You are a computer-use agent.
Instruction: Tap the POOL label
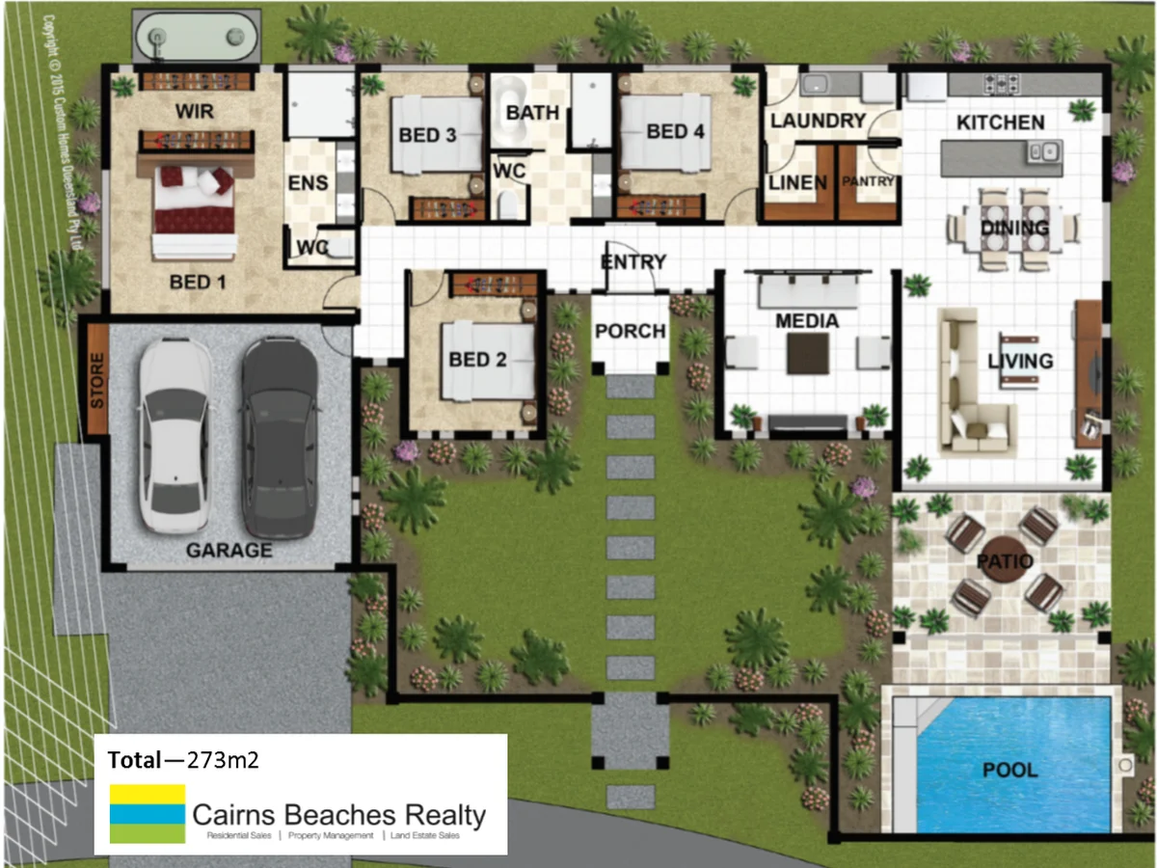(1010, 771)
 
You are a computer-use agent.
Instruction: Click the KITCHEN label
(1000, 122)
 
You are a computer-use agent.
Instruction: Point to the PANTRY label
(870, 180)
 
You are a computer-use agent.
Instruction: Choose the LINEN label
(797, 182)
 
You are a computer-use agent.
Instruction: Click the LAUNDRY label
(818, 121)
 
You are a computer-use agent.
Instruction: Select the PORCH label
(631, 331)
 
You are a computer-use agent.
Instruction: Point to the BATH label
(532, 113)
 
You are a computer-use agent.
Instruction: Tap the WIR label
(194, 112)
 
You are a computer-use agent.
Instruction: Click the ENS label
(308, 182)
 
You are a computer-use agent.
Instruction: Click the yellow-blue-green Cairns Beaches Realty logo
(148, 813)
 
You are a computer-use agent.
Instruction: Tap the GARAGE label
(229, 551)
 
